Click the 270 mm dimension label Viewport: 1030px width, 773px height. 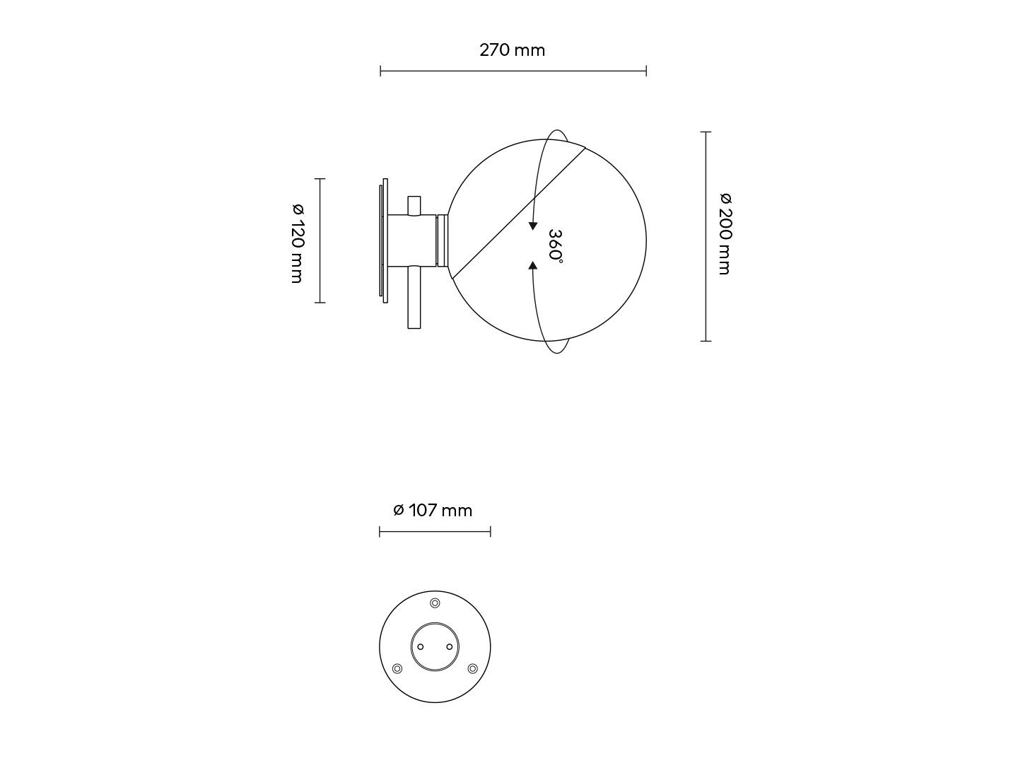coord(512,50)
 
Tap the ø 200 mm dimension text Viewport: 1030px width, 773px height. coord(725,233)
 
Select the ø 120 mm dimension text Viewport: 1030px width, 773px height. coord(298,243)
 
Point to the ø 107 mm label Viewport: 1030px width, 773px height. coord(433,510)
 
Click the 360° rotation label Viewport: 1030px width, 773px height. coord(556,246)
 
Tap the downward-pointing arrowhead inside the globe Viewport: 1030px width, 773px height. coord(532,226)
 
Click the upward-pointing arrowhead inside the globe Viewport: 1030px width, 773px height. coord(532,266)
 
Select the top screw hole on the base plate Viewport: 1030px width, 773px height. coord(435,603)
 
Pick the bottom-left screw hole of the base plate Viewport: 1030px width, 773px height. coord(397,668)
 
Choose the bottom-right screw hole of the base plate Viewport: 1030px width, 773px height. coord(472,668)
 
